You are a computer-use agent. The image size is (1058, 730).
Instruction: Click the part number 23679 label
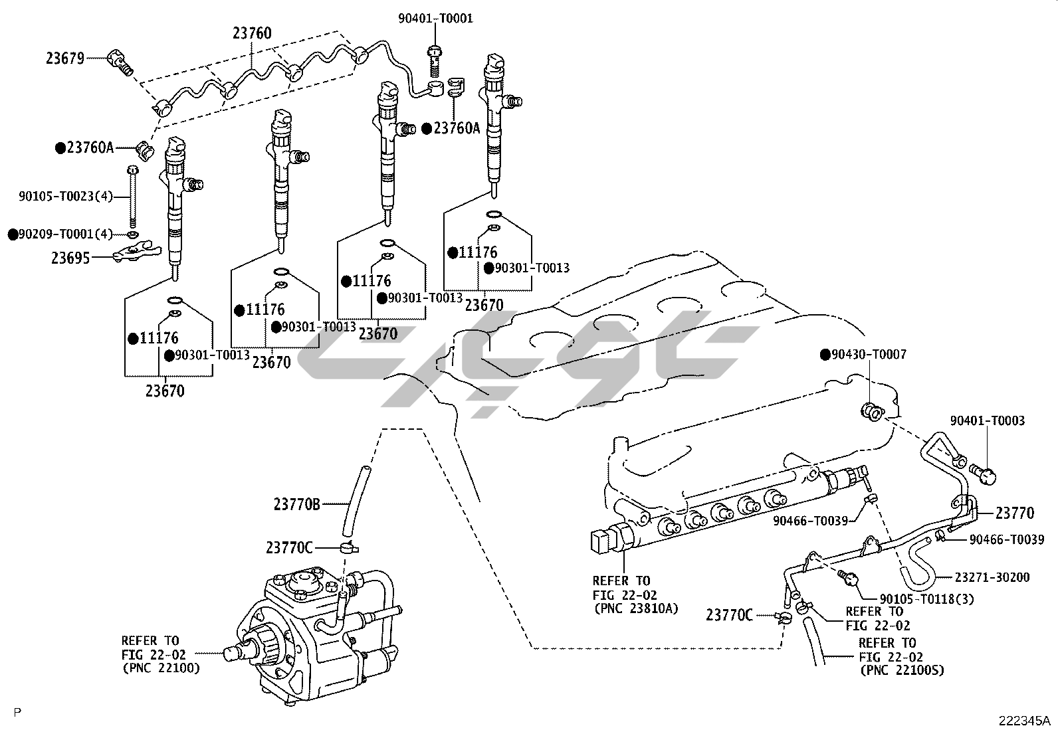pos(64,58)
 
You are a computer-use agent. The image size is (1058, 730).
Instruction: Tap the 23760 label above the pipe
pos(253,33)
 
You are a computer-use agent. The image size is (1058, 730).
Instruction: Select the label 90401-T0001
pos(435,19)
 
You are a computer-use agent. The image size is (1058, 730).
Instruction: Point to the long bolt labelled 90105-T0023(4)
pos(133,197)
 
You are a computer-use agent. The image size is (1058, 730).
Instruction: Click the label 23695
pos(70,258)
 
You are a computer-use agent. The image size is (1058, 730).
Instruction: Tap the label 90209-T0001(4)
pos(60,234)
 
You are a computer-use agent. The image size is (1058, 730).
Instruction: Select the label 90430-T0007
pos(863,354)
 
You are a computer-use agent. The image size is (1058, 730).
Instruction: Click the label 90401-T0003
pos(988,420)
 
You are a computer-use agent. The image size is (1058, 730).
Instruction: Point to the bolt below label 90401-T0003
pos(984,474)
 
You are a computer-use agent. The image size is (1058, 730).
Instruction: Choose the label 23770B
pos(297,505)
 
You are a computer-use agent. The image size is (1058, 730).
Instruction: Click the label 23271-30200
pos(992,577)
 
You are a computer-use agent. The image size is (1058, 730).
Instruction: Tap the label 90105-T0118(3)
pos(926,598)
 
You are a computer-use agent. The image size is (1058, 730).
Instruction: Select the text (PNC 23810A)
pos(636,608)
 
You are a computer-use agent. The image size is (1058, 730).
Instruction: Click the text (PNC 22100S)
pos(902,670)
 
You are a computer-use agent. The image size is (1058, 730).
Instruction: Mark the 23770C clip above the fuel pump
pos(349,548)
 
